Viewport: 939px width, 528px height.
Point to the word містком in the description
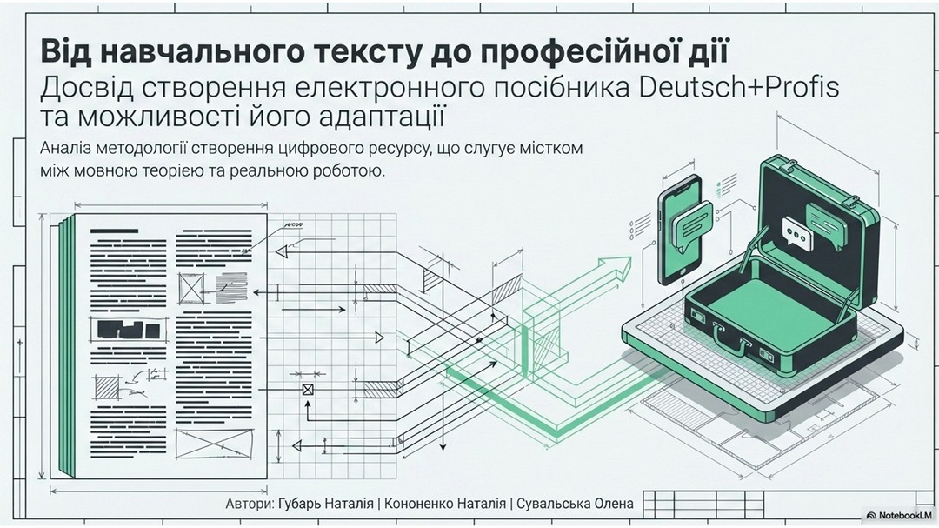click(553, 149)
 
